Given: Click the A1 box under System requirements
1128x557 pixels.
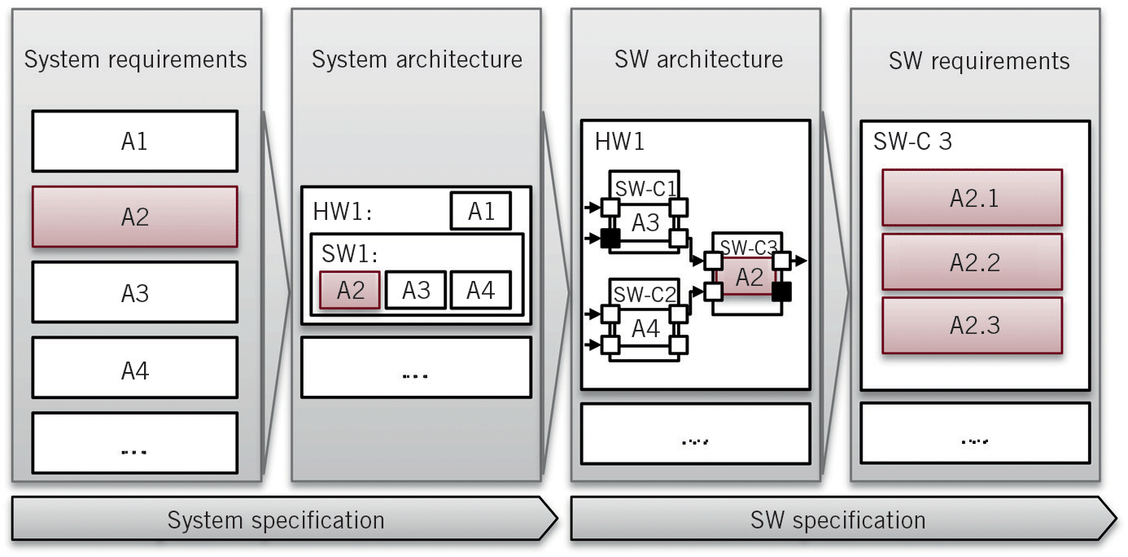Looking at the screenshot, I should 134,141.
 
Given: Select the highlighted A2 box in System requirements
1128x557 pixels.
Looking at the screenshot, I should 134,217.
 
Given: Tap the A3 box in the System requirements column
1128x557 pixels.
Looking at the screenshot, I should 134,292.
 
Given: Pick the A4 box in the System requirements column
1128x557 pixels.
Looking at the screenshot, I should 134,370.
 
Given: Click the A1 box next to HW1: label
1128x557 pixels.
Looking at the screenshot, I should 480,212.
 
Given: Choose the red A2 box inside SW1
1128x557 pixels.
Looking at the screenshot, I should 350,290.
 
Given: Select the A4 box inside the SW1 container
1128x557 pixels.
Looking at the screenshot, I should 480,290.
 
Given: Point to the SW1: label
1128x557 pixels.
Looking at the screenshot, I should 345,252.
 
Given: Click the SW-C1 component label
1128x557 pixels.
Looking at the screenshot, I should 646,189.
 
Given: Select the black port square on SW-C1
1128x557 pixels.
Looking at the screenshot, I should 610,239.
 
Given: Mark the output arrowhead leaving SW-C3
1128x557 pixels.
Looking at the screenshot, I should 802,261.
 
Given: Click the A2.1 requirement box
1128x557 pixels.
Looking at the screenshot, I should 972,198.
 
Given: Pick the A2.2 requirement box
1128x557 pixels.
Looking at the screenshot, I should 972,262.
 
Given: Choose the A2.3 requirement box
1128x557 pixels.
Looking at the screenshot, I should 972,325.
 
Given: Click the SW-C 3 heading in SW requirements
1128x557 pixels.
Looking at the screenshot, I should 912,142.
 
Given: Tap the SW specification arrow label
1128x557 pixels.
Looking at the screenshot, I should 837,520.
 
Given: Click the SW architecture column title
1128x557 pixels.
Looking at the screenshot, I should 698,59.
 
